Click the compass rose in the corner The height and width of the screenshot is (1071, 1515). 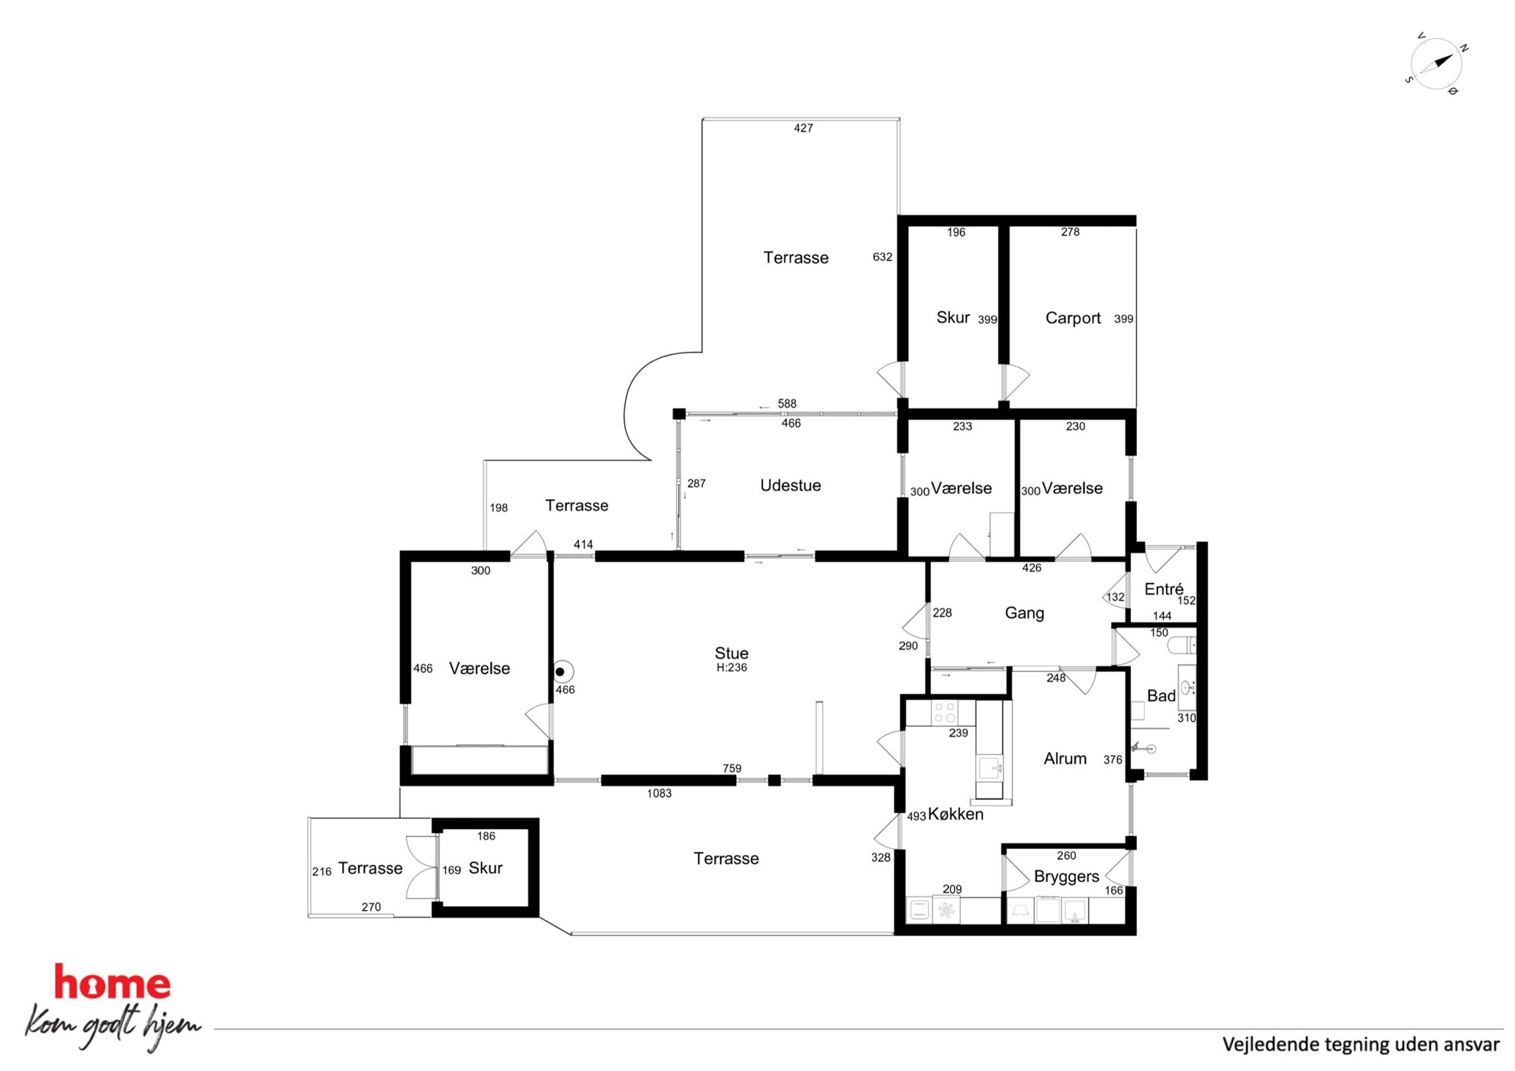[x=1436, y=63]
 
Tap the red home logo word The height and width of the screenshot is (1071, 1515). [x=112, y=983]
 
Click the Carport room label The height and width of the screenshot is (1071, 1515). [x=1073, y=318]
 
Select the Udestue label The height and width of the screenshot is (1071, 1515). [x=790, y=485]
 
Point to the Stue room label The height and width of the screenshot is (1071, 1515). [x=732, y=653]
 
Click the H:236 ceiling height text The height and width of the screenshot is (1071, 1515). [x=732, y=668]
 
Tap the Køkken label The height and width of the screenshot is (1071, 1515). [x=955, y=815]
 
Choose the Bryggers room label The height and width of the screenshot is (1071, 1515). [x=1066, y=877]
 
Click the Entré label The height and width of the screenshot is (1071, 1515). [x=1164, y=589]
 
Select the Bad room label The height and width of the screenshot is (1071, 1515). [x=1161, y=695]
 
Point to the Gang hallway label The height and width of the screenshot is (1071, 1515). [x=1024, y=613]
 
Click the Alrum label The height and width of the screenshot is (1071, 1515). [x=1065, y=759]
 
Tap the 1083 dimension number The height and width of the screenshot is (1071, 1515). [x=659, y=794]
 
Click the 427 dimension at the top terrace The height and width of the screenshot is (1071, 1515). [x=803, y=128]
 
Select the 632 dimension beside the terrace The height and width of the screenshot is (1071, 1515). [x=882, y=257]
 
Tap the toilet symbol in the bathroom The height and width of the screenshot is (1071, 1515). [x=1182, y=646]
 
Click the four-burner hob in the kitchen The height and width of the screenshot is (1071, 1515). [x=945, y=713]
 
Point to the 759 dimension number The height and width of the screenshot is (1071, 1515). [x=732, y=769]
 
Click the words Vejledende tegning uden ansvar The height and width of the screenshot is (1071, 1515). [x=1361, y=1044]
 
